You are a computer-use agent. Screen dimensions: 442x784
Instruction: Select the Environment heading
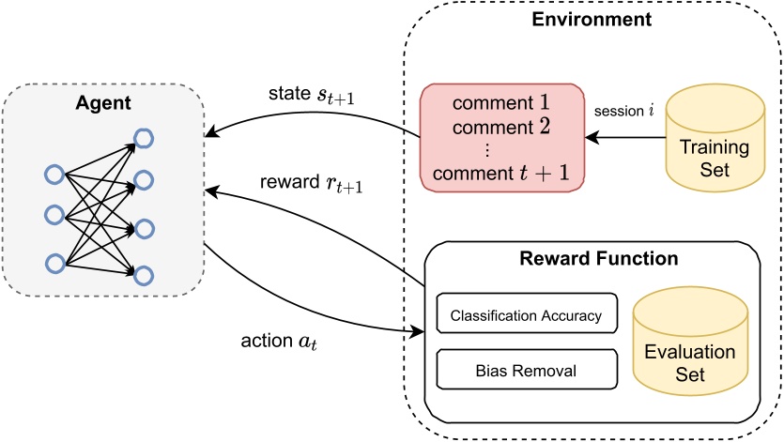click(x=592, y=20)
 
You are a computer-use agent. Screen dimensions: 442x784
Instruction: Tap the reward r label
click(x=309, y=187)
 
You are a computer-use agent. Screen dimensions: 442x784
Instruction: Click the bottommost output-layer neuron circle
click(x=144, y=274)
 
